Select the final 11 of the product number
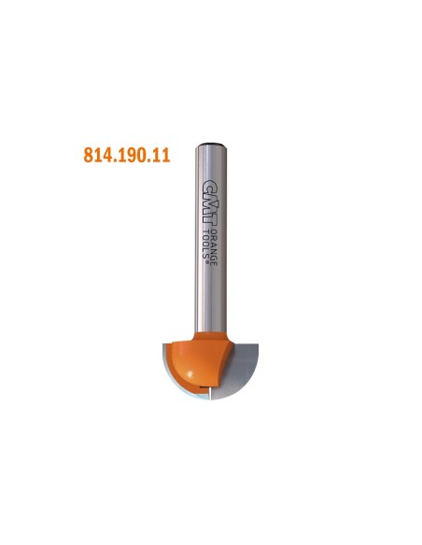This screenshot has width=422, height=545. click(162, 155)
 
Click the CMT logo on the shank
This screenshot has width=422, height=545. click(211, 204)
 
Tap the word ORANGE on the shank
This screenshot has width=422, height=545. click(214, 248)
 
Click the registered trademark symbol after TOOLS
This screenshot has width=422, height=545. click(207, 262)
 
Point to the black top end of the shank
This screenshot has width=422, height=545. click(211, 145)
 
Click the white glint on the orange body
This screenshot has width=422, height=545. click(190, 374)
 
